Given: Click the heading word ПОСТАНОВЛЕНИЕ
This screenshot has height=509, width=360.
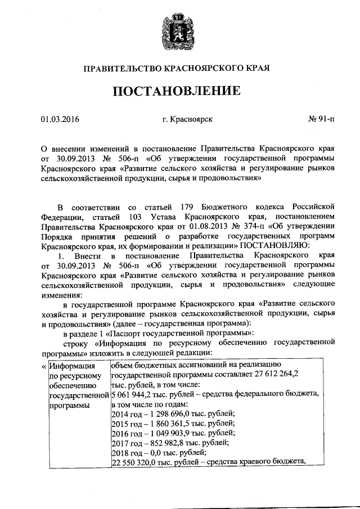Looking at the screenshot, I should click(180, 91).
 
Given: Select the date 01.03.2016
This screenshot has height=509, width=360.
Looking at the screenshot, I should click(60, 119).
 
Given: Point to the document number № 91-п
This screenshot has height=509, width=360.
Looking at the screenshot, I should click(321, 119).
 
